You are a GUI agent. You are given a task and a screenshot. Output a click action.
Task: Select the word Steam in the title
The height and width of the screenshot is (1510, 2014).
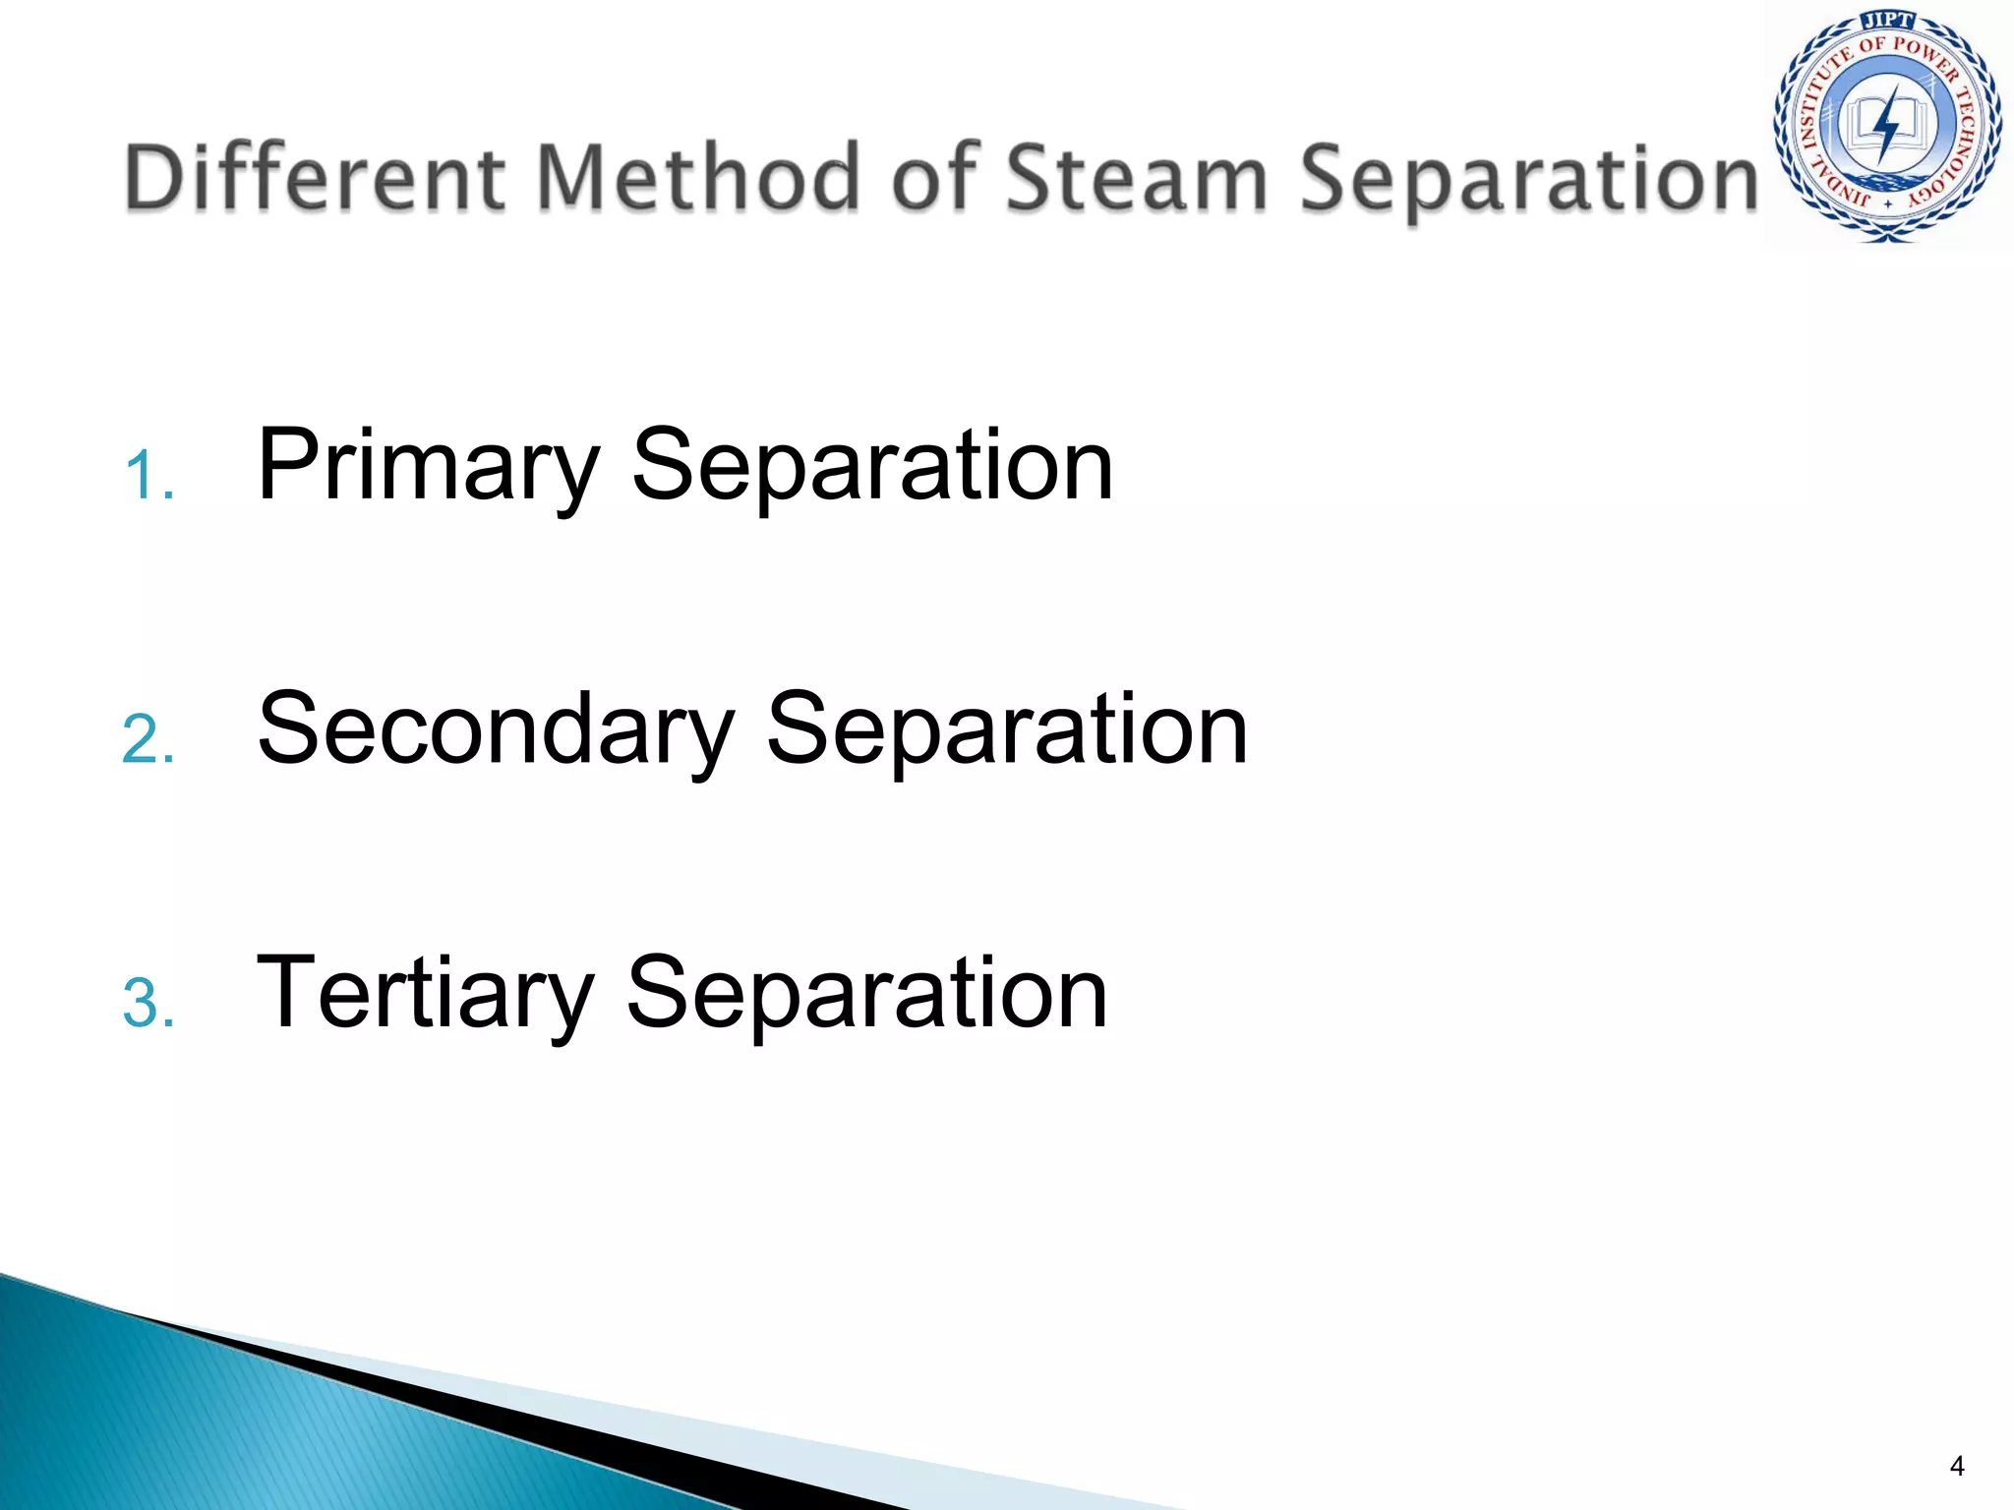pyautogui.click(x=1136, y=177)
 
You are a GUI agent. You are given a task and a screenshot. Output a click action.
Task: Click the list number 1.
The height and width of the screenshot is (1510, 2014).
pyautogui.click(x=148, y=477)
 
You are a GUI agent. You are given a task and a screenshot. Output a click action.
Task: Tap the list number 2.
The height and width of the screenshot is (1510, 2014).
pyautogui.click(x=148, y=740)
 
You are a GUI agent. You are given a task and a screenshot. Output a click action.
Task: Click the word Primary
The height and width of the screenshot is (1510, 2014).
pyautogui.click(x=428, y=467)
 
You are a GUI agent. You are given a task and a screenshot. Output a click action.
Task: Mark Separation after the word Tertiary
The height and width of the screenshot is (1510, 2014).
pyautogui.click(x=866, y=995)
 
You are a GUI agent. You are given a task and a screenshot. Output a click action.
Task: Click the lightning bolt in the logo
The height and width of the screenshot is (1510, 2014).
pyautogui.click(x=1886, y=124)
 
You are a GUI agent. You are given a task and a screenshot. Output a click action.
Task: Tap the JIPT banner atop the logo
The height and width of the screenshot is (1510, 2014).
pyautogui.click(x=1887, y=21)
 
